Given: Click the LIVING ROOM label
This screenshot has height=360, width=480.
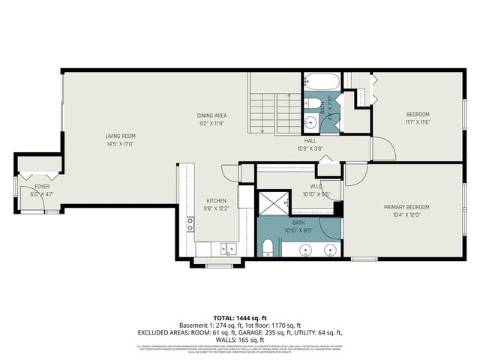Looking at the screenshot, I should pos(120,136).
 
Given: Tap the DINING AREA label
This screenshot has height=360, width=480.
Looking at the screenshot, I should pos(211,115).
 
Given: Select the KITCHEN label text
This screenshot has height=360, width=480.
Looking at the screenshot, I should pos(216,200).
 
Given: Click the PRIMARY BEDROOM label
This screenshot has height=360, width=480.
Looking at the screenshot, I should pos(406,207).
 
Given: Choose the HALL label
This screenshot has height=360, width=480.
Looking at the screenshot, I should pos(310,141).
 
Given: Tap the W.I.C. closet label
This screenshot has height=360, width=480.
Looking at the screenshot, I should pos(316,186).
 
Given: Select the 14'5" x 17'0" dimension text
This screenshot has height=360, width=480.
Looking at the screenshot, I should pos(120,143).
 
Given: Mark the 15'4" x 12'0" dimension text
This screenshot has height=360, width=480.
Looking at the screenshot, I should pos(406,214).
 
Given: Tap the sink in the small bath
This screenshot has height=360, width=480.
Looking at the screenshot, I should pos(310,123).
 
